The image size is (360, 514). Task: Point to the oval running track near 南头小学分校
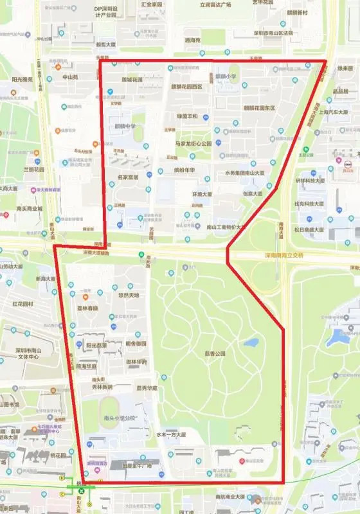point(110,405)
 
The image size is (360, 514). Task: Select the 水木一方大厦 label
point(170,434)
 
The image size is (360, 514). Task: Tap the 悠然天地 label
point(129,296)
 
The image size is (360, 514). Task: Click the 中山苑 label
point(69,76)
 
